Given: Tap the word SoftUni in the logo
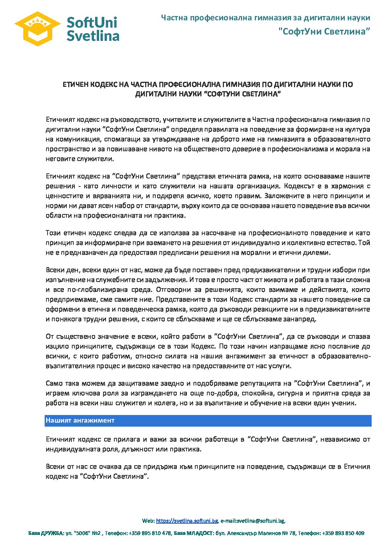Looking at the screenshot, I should click(92, 23).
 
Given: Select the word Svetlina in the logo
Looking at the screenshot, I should click(93, 36).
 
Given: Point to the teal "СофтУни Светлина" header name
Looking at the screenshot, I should click(324, 31).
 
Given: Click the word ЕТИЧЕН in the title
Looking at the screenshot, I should click(75, 85).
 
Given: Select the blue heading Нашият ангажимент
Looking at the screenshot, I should click(80, 420).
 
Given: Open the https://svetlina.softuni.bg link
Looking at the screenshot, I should click(187, 521).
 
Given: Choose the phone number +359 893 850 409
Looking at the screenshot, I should click(343, 533).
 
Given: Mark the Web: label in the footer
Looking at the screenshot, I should click(148, 521).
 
